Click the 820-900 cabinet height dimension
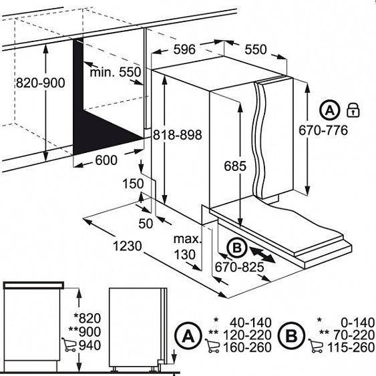click(41, 83)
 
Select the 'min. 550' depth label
click(116, 71)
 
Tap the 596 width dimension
click(184, 49)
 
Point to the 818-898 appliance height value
click(178, 134)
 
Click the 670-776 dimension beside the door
click(323, 130)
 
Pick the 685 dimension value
click(235, 166)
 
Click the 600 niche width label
click(106, 160)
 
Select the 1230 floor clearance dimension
click(128, 246)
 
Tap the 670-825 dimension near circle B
click(239, 267)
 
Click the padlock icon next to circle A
click(353, 110)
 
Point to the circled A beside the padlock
click(330, 110)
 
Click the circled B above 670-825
click(237, 248)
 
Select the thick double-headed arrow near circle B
click(262, 255)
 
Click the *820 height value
click(87, 318)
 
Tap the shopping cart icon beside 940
click(69, 345)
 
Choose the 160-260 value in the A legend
click(247, 347)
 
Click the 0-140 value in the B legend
click(358, 323)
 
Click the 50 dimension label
click(146, 224)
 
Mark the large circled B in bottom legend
click(292, 335)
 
